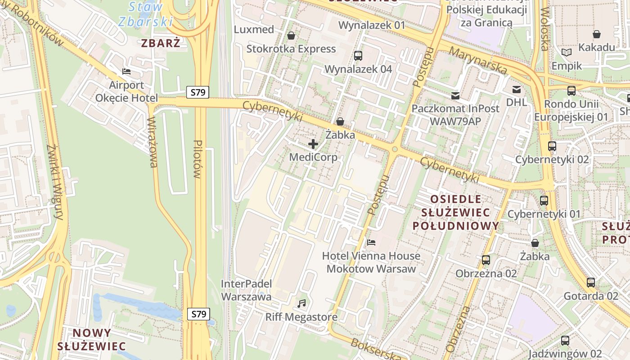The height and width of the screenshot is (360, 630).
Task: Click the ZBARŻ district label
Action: click(161, 43)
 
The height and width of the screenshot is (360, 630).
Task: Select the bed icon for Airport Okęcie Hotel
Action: click(126, 72)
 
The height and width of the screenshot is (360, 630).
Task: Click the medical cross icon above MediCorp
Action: click(313, 144)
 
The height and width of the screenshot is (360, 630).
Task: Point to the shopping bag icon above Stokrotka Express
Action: click(291, 36)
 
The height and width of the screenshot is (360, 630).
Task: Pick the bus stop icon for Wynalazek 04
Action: click(358, 56)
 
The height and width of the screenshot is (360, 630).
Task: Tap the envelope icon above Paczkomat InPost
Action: click(455, 95)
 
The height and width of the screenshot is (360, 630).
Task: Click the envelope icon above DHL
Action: click(516, 89)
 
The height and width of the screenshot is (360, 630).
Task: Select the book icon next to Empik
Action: click(567, 53)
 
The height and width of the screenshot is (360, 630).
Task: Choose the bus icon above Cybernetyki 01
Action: click(544, 201)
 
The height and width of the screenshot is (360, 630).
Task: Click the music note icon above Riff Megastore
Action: click(301, 304)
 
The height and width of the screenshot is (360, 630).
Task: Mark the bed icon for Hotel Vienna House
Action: click(371, 243)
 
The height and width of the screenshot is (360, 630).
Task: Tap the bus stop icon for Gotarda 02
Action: click(591, 283)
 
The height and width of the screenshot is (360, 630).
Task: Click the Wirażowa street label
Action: click(153, 142)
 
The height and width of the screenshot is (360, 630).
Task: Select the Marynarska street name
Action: click(478, 61)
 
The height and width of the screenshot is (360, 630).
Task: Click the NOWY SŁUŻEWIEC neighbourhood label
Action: click(91, 339)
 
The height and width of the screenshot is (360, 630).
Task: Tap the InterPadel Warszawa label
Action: click(246, 290)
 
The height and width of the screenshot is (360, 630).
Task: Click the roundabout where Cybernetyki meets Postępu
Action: click(395, 149)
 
